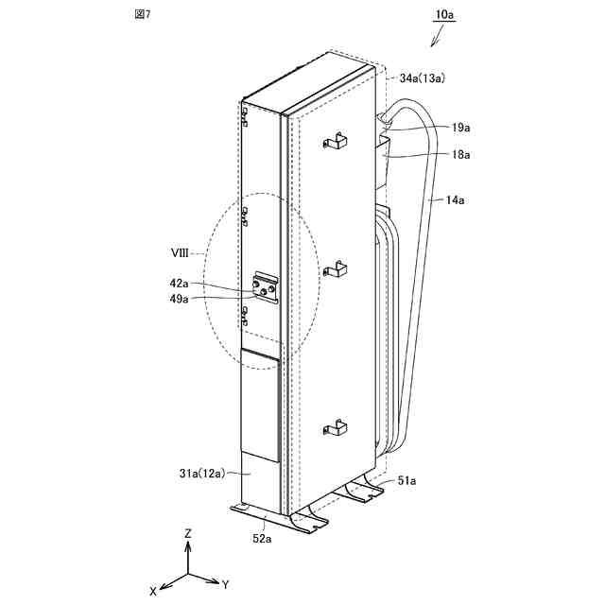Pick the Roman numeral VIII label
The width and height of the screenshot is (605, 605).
(x=181, y=253)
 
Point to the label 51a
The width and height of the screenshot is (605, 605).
(x=406, y=481)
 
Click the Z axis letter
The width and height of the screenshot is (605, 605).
(x=188, y=533)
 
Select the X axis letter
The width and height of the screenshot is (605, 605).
(x=153, y=591)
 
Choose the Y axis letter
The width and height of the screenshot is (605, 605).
(x=228, y=582)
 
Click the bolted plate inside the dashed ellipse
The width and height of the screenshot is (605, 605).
(x=268, y=286)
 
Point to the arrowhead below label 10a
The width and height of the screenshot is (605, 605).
(x=434, y=43)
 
